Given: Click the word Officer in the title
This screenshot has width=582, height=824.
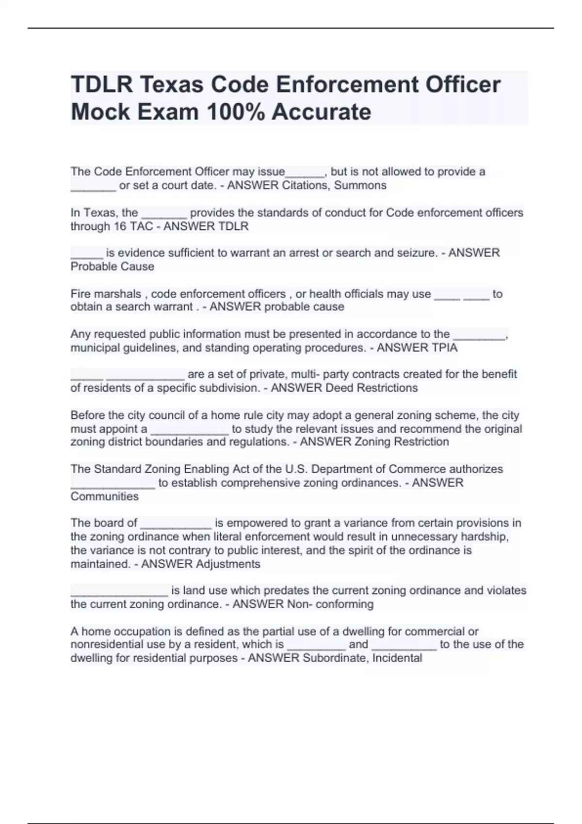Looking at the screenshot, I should tap(463, 85).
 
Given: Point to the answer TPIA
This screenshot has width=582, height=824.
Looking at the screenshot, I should tap(441, 348).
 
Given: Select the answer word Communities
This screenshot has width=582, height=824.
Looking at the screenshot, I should tap(104, 496).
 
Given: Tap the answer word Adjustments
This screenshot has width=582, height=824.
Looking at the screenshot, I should tap(228, 564).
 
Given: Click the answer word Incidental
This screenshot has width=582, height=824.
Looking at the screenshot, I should tap(397, 658).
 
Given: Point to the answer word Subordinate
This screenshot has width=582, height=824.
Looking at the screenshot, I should tap(335, 658).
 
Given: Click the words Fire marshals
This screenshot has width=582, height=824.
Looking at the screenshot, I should tap(106, 294).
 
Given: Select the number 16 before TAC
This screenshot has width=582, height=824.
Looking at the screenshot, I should tap(120, 226).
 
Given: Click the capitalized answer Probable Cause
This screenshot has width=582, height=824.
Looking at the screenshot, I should tap(112, 266).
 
